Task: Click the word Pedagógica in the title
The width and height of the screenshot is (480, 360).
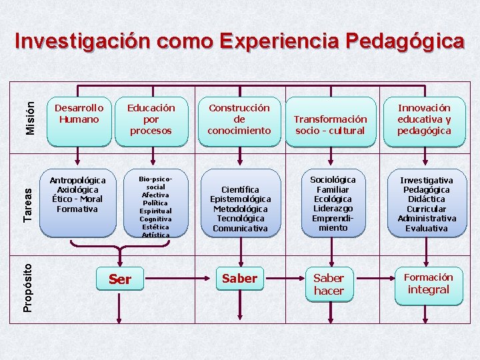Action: click(405, 42)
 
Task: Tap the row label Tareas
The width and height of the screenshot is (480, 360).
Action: click(27, 204)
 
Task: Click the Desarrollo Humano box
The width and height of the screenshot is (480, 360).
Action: click(79, 120)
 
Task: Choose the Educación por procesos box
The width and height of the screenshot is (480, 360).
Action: click(151, 120)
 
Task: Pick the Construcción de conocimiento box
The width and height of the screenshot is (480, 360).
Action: click(239, 120)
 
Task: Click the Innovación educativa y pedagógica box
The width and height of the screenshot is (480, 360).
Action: click(423, 120)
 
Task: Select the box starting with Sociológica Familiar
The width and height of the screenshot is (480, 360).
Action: click(333, 203)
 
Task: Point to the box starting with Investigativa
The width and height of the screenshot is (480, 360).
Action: click(427, 204)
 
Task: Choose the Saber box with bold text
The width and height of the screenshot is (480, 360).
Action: click(239, 279)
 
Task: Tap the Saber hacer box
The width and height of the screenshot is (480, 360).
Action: click(329, 284)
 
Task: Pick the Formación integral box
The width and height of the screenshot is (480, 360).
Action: click(428, 283)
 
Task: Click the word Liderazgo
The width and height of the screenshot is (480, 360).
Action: click(333, 209)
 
